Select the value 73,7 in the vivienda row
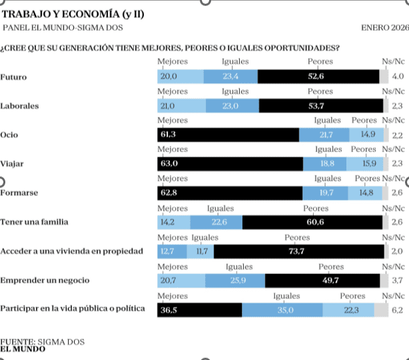[x=296, y=251]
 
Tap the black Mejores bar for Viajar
[x=230, y=164]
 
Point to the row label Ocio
[x=9, y=135]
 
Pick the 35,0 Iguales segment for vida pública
[x=282, y=310]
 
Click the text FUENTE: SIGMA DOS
[x=43, y=341]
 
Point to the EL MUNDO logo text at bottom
[x=23, y=348]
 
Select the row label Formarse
[x=19, y=193]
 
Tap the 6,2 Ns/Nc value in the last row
[x=398, y=310]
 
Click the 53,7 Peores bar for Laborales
[x=321, y=106]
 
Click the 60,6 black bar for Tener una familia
[x=312, y=222]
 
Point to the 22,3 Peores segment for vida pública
[x=348, y=310]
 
